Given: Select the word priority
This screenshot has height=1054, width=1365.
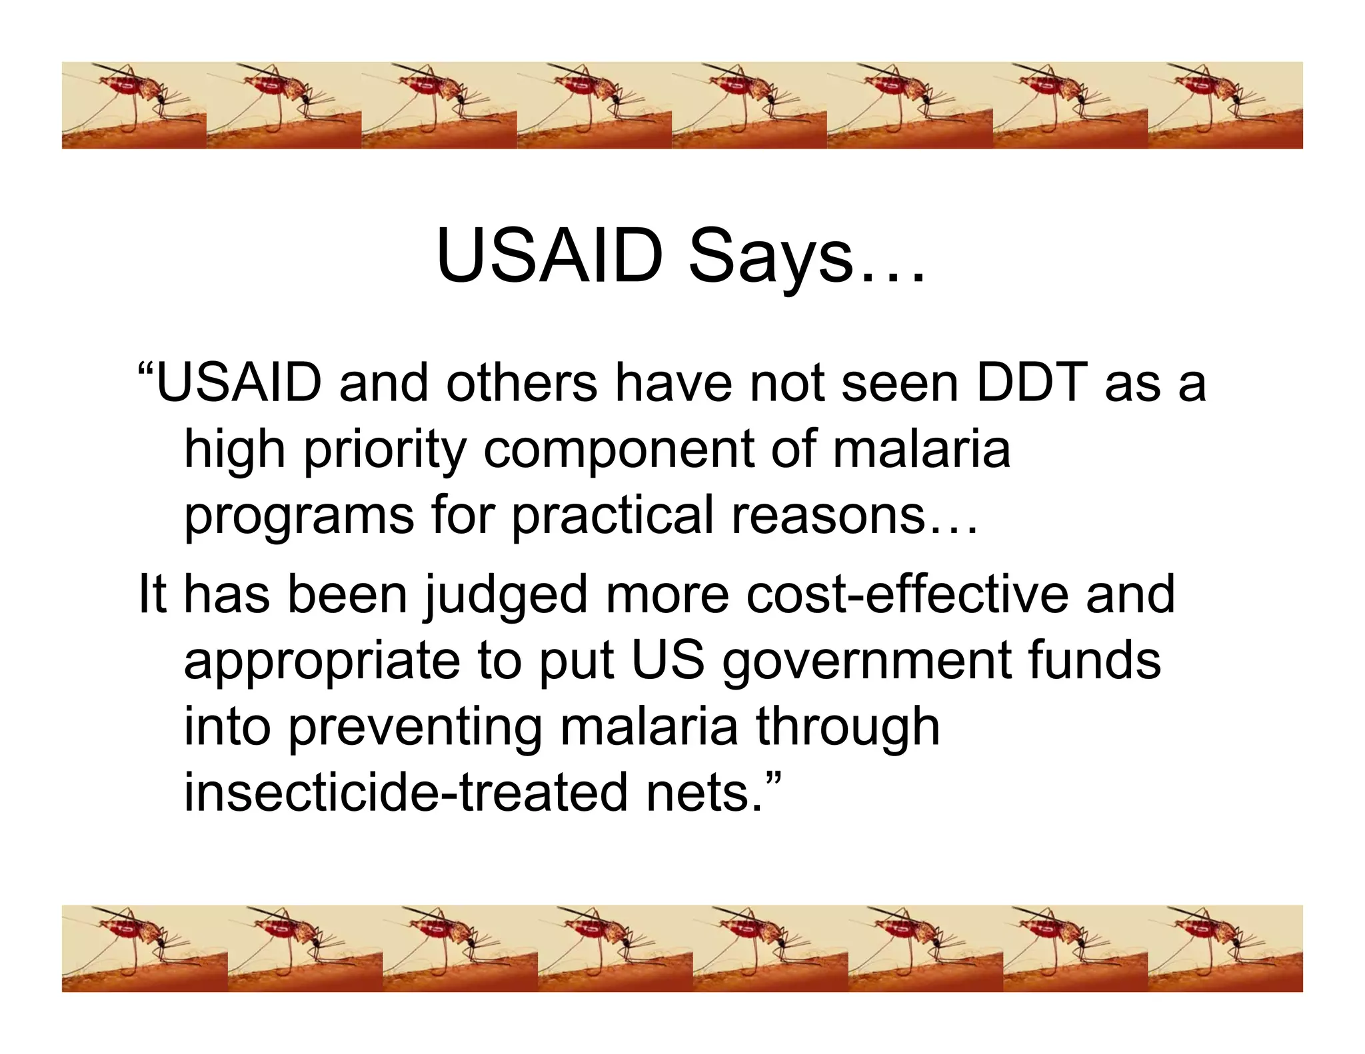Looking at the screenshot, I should (385, 451).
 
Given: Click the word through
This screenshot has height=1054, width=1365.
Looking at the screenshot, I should (847, 728).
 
